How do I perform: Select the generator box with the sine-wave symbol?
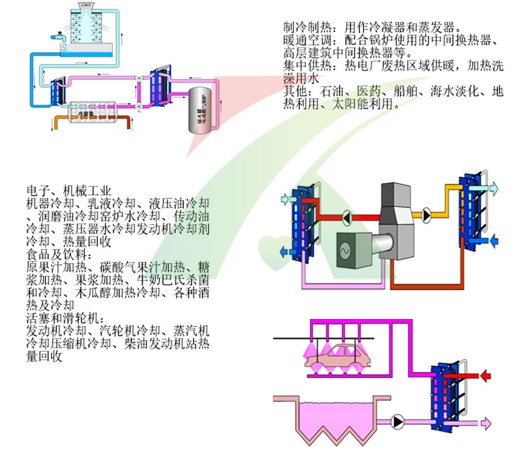point(353,247)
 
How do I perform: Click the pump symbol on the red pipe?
point(346,218)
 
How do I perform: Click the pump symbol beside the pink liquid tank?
point(399,422)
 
